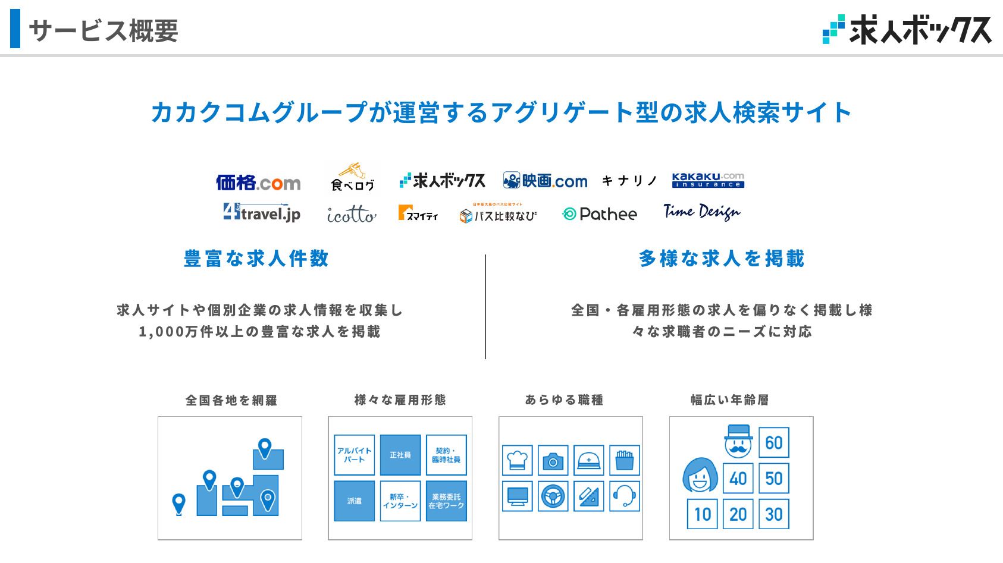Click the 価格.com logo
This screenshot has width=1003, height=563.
258,183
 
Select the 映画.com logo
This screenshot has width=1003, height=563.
545,181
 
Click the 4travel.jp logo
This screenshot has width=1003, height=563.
262,212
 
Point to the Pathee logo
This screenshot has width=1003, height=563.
600,214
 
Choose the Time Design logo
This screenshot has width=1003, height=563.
702,212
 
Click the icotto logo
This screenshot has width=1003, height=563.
352,214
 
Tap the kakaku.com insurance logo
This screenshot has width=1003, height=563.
708,180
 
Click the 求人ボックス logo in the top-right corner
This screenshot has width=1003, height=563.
907,30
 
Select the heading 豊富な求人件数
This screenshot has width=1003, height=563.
256,259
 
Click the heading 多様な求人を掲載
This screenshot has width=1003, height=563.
722,259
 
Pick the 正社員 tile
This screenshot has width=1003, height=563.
400,455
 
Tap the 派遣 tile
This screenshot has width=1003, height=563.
355,501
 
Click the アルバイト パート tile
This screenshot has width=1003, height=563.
355,455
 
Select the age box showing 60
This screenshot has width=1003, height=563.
774,442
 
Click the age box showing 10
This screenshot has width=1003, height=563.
703,514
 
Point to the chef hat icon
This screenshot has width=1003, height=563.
517,460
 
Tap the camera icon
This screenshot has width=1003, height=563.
553,460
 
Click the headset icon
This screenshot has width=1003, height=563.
625,496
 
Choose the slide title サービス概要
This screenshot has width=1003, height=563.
104,30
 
